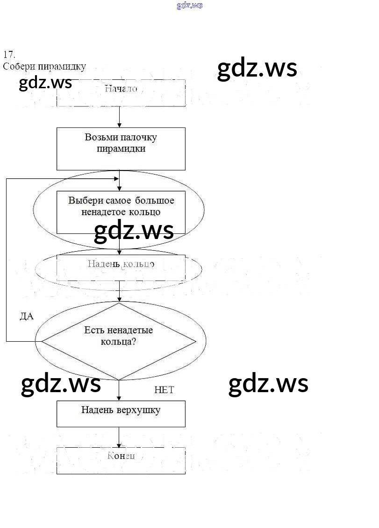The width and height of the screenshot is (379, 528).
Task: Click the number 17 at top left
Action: (9, 54)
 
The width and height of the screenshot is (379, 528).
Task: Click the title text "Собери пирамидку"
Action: (44, 66)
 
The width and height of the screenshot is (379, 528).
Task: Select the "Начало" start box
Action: (121, 93)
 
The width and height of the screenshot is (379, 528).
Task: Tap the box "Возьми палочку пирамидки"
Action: (121, 148)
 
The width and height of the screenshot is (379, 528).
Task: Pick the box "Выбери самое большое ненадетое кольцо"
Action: (121, 211)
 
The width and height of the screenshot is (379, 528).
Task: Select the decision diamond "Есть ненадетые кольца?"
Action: (119, 341)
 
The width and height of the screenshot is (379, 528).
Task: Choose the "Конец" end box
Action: (121, 460)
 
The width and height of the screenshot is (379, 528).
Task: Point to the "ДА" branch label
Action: (27, 317)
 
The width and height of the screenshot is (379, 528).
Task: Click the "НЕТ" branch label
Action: (164, 390)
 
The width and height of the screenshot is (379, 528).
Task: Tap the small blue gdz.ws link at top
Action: (190, 6)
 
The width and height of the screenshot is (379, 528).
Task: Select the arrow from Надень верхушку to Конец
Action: (120, 437)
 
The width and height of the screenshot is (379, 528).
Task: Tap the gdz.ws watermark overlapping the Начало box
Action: (46, 83)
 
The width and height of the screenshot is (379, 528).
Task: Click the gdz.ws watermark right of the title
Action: (257, 69)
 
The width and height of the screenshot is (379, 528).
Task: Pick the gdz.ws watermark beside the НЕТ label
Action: (268, 384)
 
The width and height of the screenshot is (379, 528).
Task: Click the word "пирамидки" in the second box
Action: (121, 149)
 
